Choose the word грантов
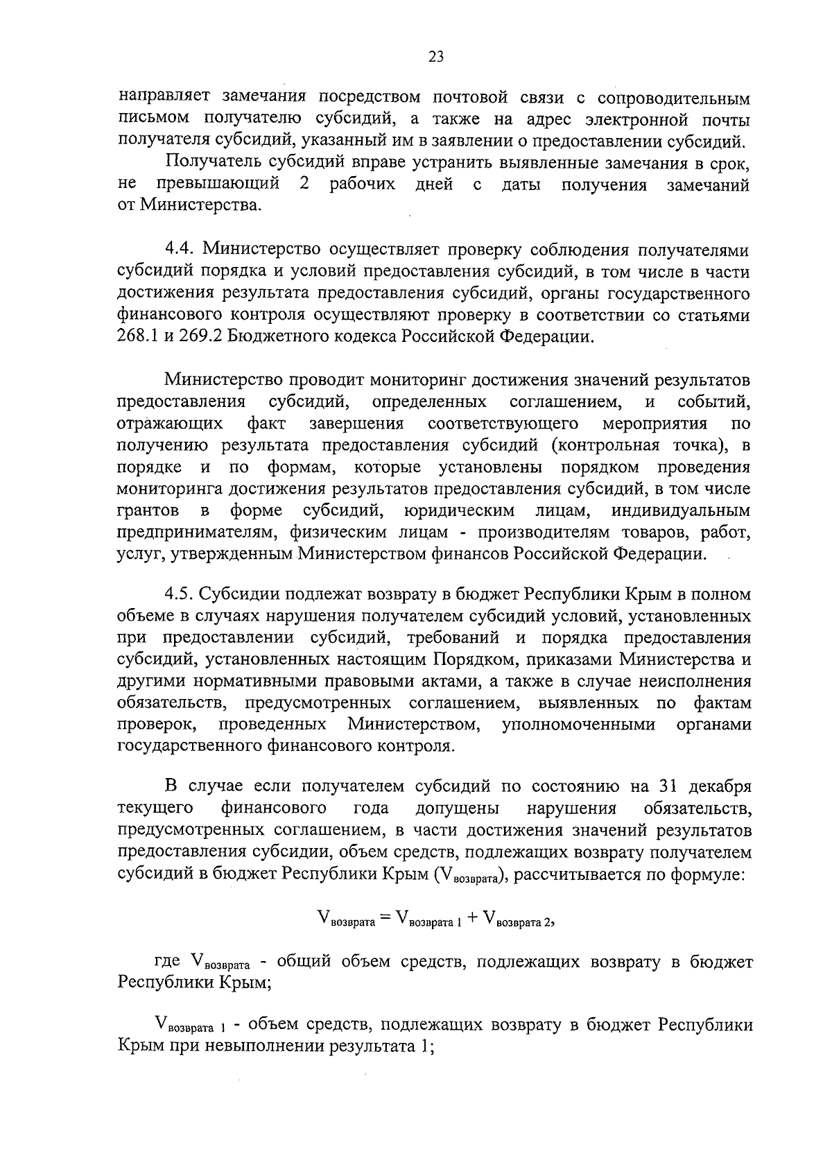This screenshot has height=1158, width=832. pyautogui.click(x=149, y=511)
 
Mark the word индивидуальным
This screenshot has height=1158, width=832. pyautogui.click(x=681, y=511)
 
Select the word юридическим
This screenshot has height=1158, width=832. pyautogui.click(x=458, y=511)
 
